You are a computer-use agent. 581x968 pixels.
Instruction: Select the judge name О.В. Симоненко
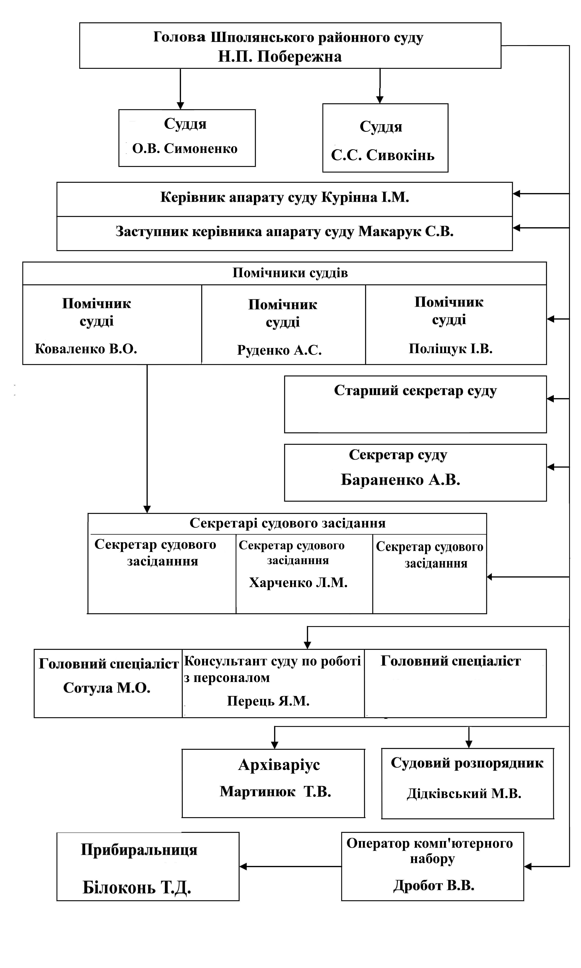pyautogui.click(x=185, y=148)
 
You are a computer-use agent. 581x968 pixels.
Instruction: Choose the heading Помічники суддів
pyautogui.click(x=290, y=273)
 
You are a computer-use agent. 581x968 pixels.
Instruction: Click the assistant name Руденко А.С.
pyautogui.click(x=280, y=350)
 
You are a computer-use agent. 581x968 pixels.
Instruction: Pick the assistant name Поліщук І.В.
pyautogui.click(x=451, y=348)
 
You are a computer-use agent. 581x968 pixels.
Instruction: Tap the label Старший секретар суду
pyautogui.click(x=415, y=391)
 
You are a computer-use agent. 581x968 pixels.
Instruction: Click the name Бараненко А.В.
pyautogui.click(x=400, y=480)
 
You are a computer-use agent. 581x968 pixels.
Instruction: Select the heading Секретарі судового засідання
pyautogui.click(x=288, y=523)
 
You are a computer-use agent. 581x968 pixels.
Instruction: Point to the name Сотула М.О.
pyautogui.click(x=107, y=688)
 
